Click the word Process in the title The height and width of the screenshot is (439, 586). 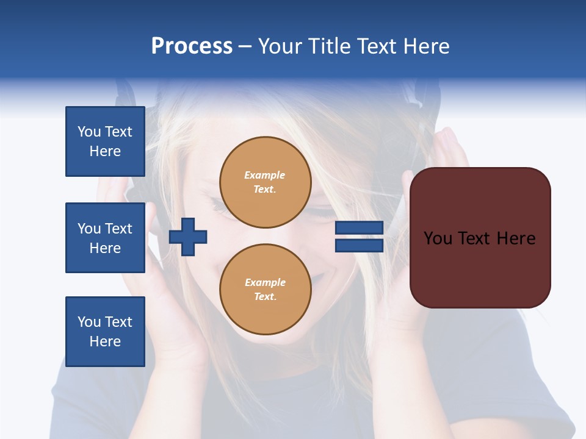tap(192, 46)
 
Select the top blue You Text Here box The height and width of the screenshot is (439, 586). tap(105, 141)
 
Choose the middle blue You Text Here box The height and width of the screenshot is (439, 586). tap(105, 238)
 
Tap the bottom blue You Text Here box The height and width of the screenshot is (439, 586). tap(105, 332)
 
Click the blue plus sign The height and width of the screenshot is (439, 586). tap(188, 236)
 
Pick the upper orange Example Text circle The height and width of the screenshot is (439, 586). tap(266, 182)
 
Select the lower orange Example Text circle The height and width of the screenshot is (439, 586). tap(266, 290)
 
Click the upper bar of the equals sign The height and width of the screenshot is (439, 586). tap(359, 228)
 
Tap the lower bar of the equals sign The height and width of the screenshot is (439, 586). tap(359, 245)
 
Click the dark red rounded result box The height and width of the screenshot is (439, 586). tap(480, 238)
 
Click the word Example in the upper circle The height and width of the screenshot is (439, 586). tap(265, 175)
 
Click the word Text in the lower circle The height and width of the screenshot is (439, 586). tap(265, 297)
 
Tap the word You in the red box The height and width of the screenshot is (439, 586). tap(438, 238)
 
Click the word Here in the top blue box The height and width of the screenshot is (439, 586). tap(105, 151)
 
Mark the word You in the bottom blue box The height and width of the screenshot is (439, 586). tap(89, 322)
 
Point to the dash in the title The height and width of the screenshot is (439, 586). tap(245, 47)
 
